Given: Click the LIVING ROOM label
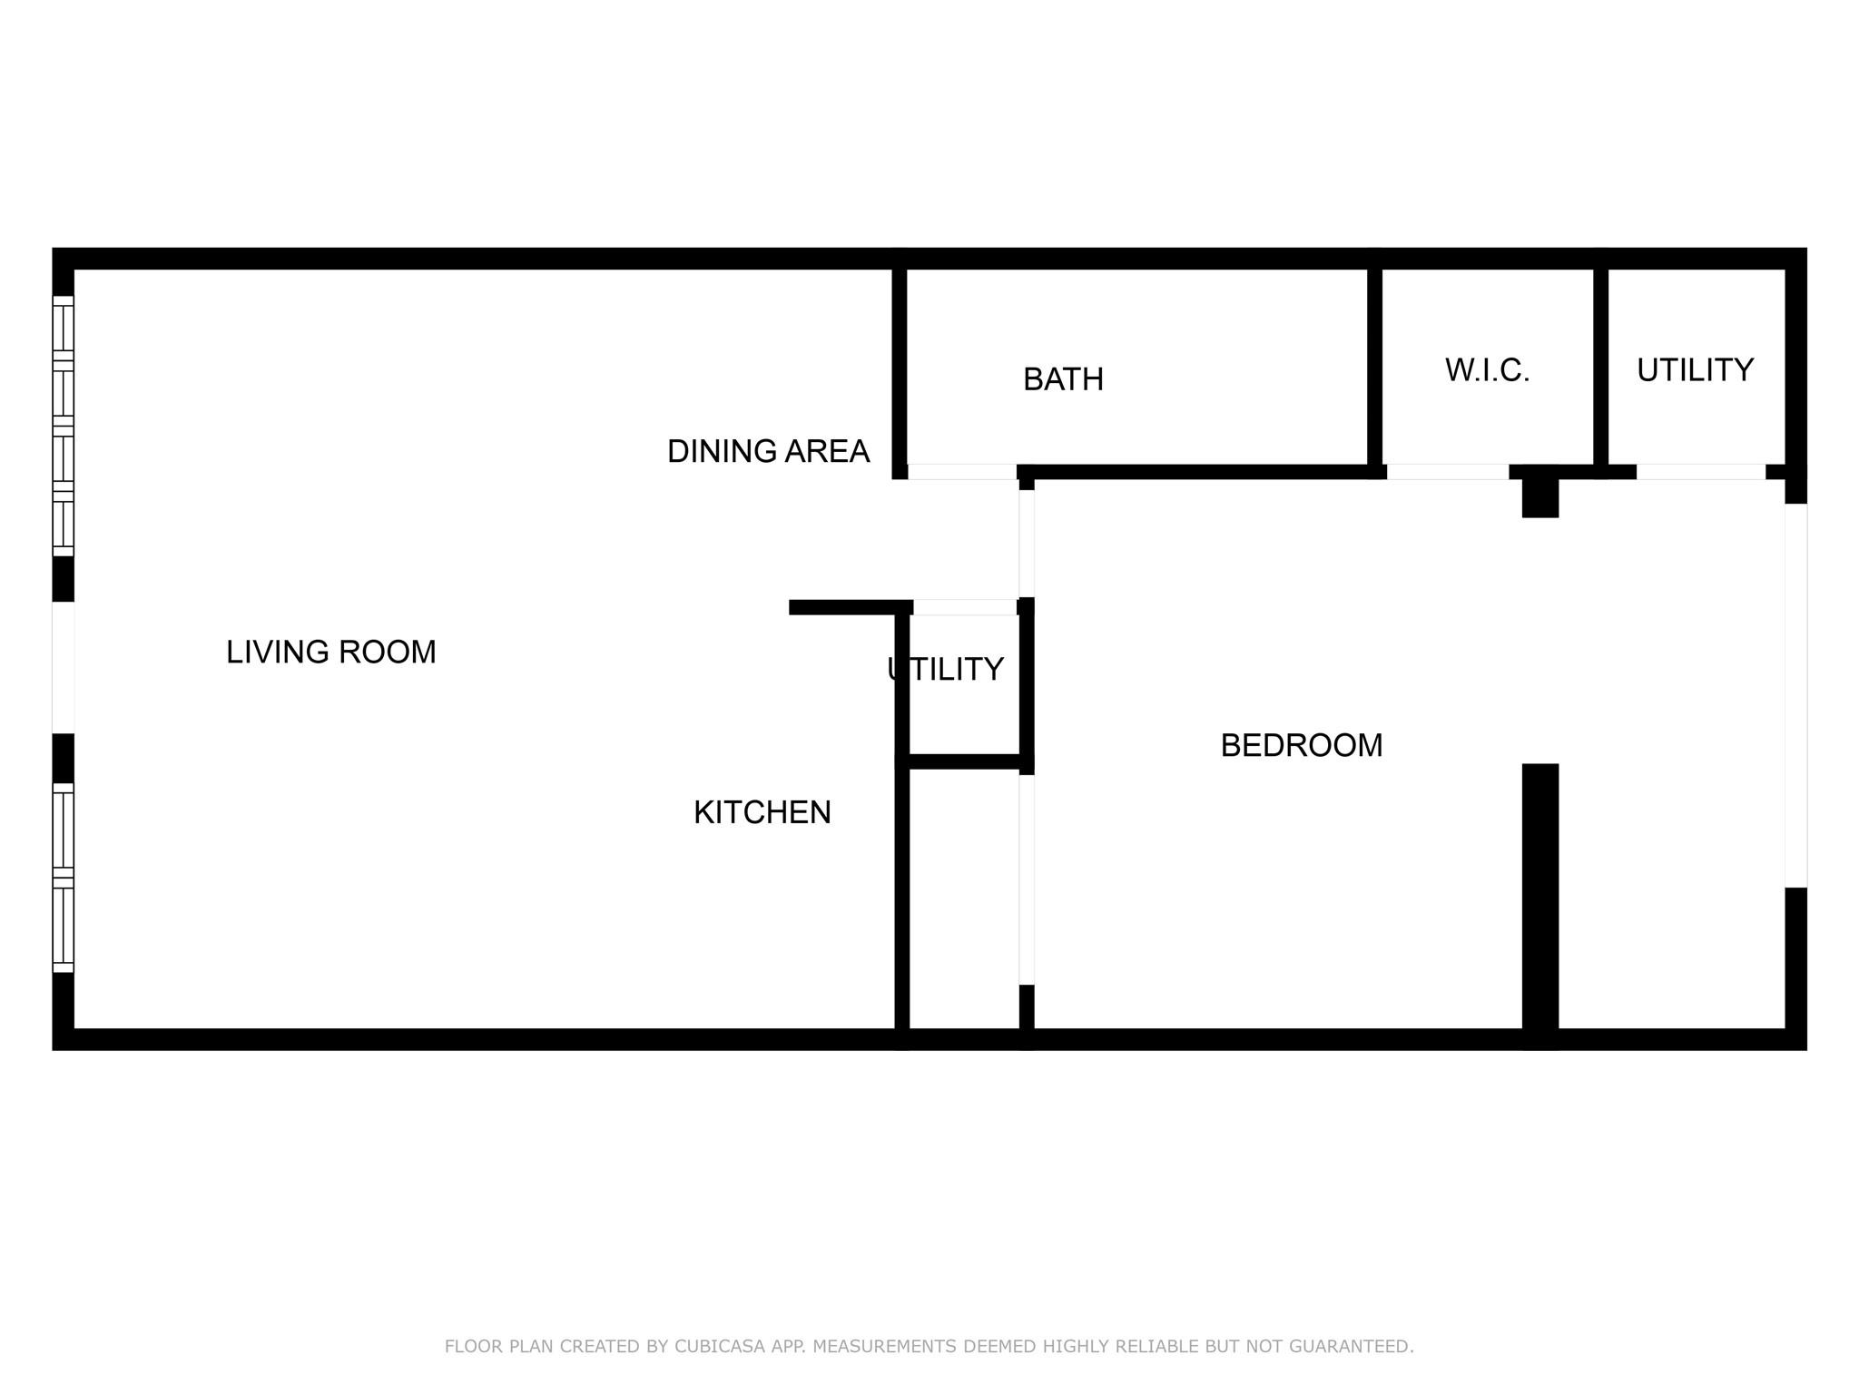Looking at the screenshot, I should (330, 652).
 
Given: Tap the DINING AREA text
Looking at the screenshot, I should (768, 451).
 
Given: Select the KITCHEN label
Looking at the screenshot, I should (762, 812).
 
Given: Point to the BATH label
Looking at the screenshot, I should (1063, 379).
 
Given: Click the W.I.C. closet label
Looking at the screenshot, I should (1487, 370).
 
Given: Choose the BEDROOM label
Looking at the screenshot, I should (1301, 745).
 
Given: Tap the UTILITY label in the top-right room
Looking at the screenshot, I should (1695, 370).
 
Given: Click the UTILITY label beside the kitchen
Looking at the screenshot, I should (945, 670).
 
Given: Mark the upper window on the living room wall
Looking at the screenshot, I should (63, 426).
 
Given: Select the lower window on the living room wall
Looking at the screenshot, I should (63, 877).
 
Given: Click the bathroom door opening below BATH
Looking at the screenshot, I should (961, 472).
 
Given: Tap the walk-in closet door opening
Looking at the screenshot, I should (1447, 472).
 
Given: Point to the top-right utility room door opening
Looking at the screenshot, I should (1700, 472).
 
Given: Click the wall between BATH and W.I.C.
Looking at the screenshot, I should (1374, 368).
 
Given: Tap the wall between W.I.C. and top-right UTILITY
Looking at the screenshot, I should (1600, 368).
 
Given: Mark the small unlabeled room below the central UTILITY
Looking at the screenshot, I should (964, 898).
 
